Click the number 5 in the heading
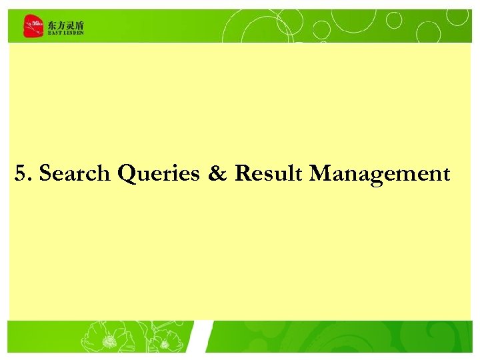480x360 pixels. click(21, 174)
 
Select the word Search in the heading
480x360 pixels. click(75, 174)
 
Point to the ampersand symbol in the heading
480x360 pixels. click(217, 174)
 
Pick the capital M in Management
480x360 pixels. click(321, 174)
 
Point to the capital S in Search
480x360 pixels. click(45, 174)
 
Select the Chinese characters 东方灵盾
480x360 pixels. click(66, 24)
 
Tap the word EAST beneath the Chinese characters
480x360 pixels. click(54, 33)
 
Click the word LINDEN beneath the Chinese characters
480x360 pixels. click(73, 33)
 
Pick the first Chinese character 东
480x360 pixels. click(52, 24)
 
